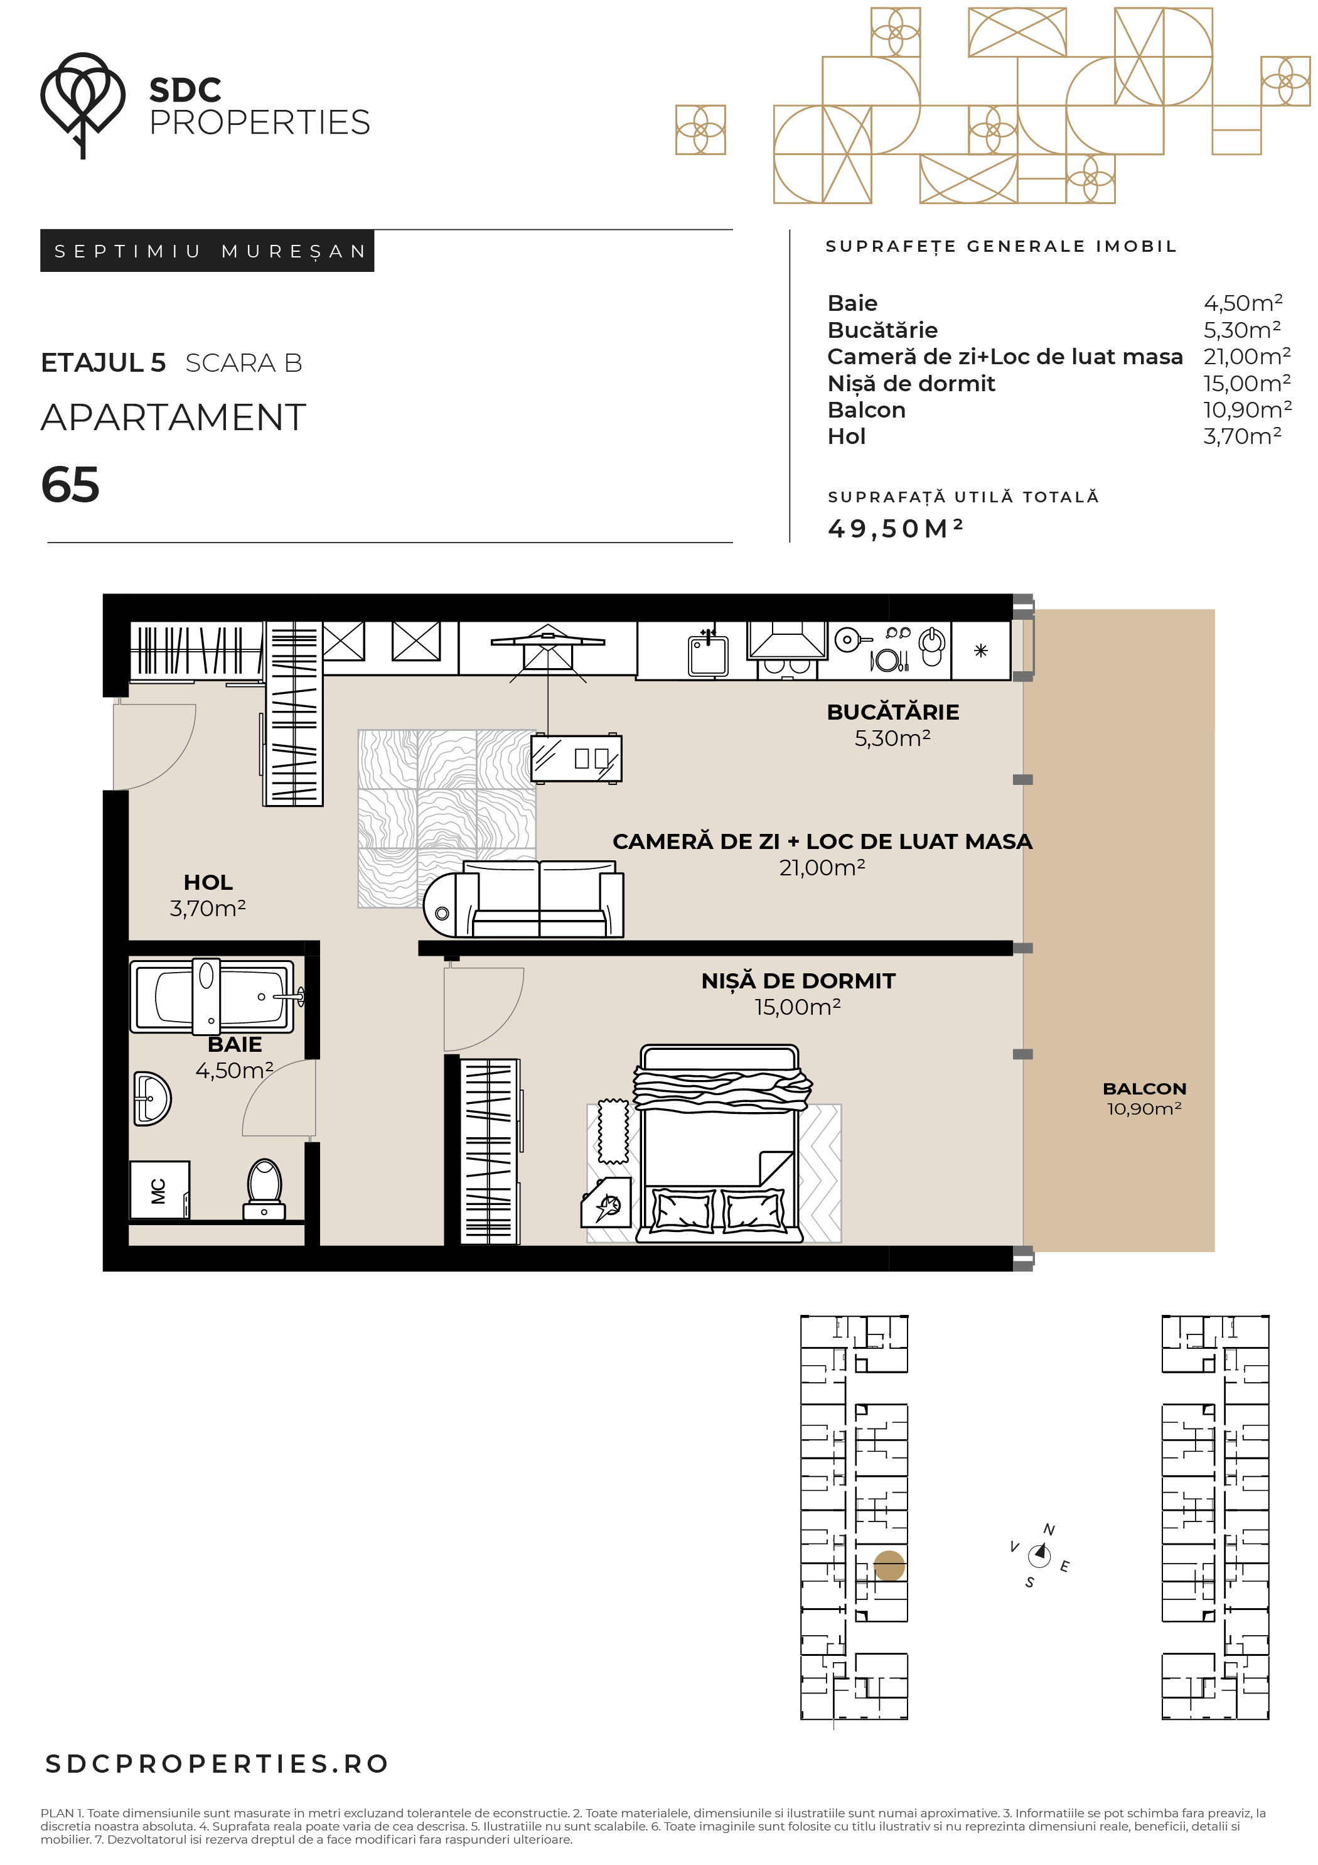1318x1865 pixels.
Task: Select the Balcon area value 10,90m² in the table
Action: pyautogui.click(x=1246, y=409)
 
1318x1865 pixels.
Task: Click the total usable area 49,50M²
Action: pyautogui.click(x=895, y=528)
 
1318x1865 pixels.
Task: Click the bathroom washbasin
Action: pyautogui.click(x=152, y=1098)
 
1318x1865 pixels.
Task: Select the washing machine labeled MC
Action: pyautogui.click(x=159, y=1190)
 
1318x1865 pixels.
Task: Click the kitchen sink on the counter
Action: pyautogui.click(x=708, y=654)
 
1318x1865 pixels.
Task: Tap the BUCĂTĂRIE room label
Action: pyautogui.click(x=892, y=711)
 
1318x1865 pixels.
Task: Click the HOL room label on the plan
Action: pyautogui.click(x=208, y=882)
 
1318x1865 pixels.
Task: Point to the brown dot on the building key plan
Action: pyautogui.click(x=889, y=1566)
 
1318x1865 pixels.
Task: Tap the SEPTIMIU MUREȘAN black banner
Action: pyautogui.click(x=207, y=251)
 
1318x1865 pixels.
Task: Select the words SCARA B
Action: pyautogui.click(x=244, y=363)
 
